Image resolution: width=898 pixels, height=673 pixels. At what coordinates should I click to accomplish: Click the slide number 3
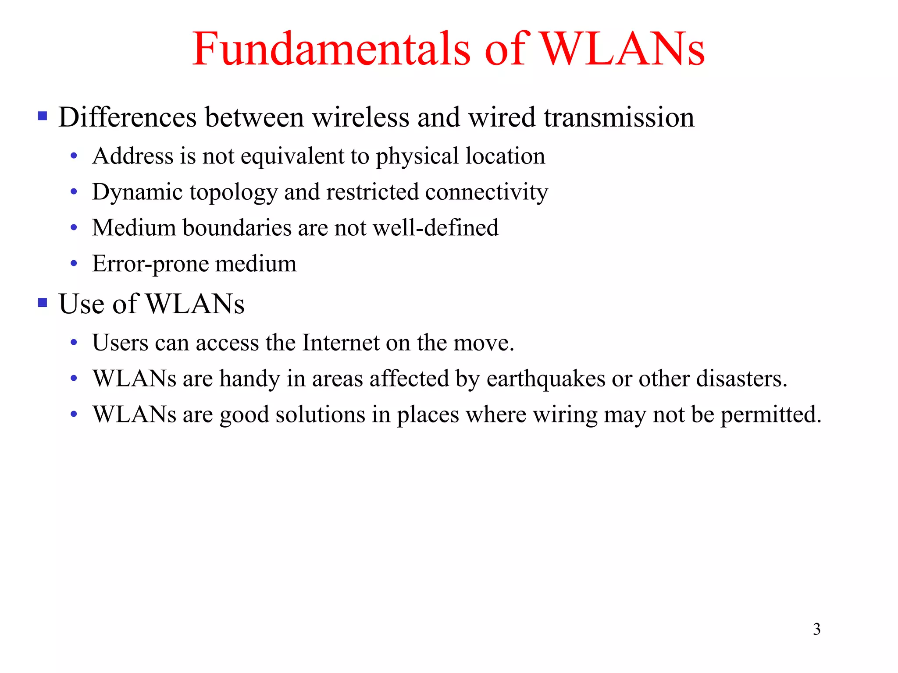(816, 629)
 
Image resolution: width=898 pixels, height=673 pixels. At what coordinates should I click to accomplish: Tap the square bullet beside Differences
(43, 116)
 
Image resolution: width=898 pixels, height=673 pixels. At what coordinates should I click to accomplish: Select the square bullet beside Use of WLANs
(43, 303)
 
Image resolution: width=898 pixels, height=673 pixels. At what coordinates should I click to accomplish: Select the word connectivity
(486, 193)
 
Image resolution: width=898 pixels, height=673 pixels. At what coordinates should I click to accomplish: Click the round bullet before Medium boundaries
(74, 228)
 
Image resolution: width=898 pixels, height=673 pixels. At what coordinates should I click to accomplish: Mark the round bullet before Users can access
(74, 343)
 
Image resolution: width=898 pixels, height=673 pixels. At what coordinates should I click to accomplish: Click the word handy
(249, 379)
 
